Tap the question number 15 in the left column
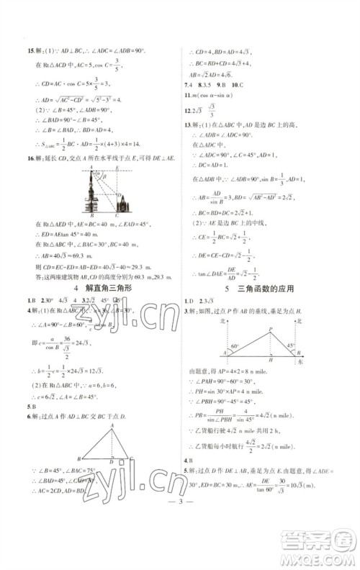tap(29, 50)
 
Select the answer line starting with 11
tap(216, 94)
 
